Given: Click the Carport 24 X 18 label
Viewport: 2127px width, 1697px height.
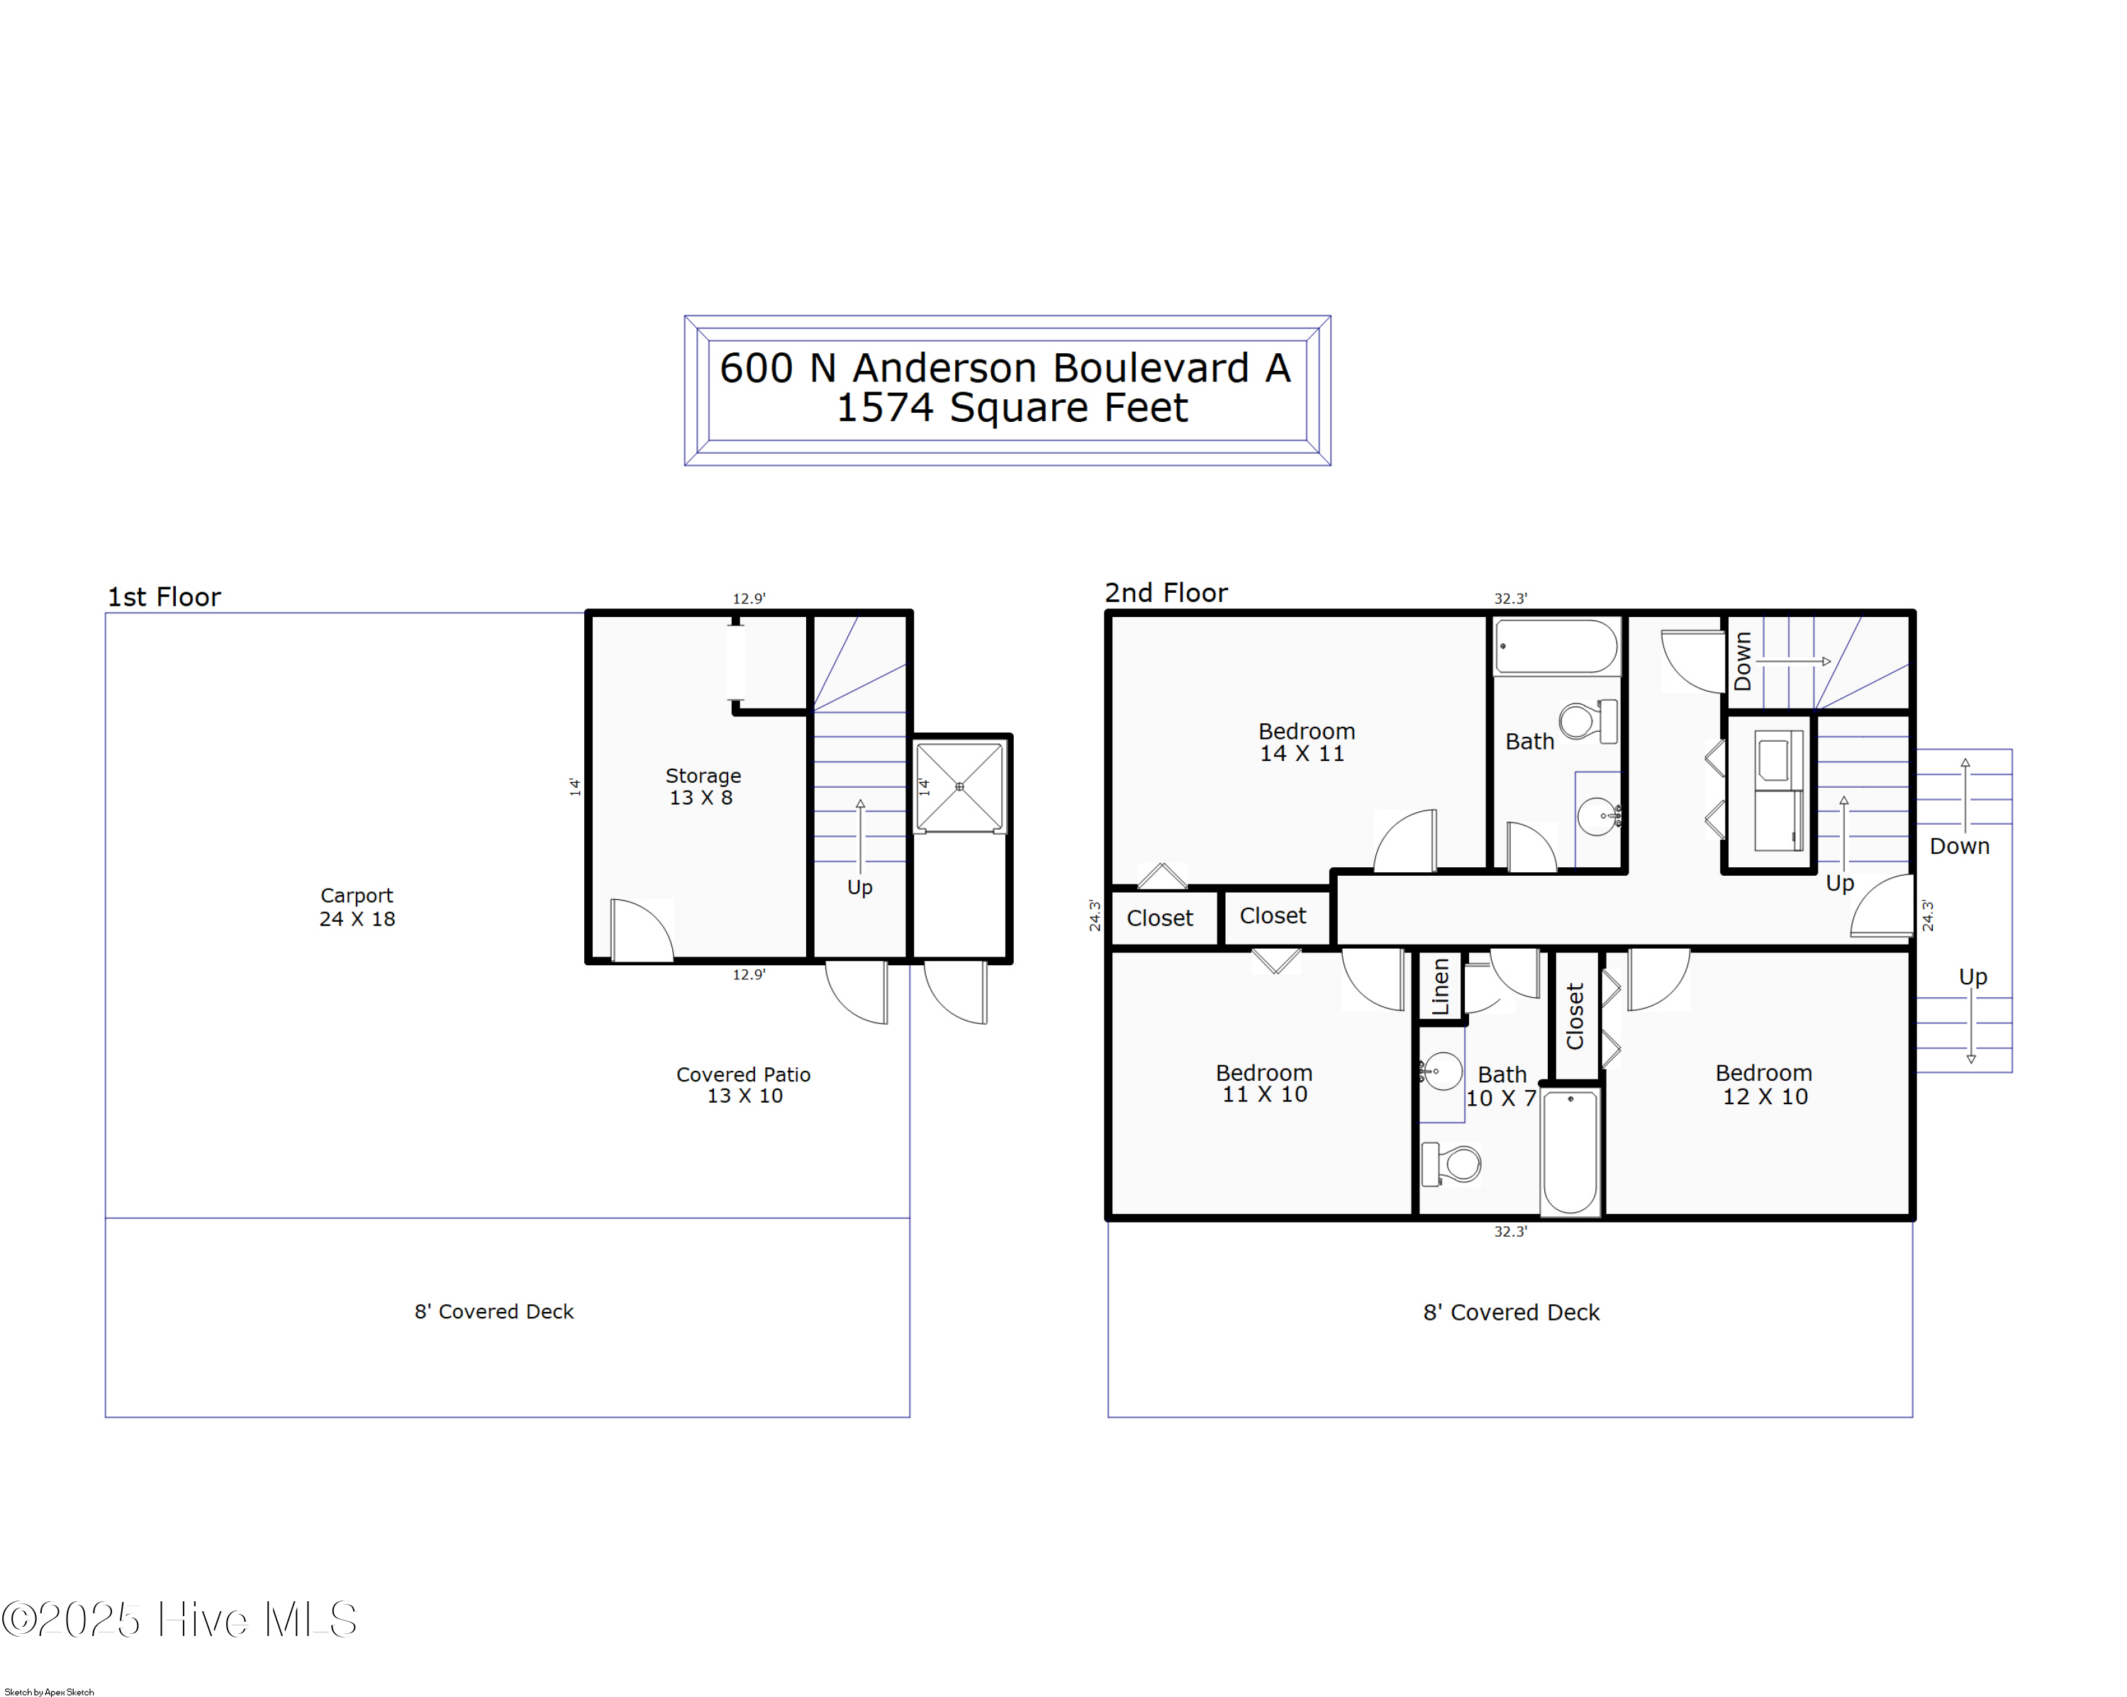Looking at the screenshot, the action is click(x=357, y=907).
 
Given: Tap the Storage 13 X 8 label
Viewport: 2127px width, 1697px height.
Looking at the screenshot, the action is click(x=703, y=786).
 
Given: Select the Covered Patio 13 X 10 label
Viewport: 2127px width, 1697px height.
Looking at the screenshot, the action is click(x=744, y=1084).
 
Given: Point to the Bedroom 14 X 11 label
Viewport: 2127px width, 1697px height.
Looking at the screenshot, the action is click(x=1306, y=742).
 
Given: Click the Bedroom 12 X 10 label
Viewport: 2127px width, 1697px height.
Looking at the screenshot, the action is click(x=1764, y=1084).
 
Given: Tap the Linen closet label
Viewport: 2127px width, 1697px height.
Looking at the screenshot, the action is click(x=1441, y=986).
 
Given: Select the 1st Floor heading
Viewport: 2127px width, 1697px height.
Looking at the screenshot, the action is click(x=164, y=597).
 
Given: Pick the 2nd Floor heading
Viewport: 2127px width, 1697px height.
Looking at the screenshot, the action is click(x=1166, y=593).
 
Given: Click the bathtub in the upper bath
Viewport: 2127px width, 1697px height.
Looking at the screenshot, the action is click(x=1556, y=647).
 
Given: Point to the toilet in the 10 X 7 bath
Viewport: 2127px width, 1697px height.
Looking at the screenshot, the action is click(x=1451, y=1164).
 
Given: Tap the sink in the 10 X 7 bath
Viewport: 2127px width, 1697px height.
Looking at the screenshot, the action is click(x=1441, y=1071).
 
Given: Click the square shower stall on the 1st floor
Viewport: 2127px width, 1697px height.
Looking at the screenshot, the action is click(x=959, y=786).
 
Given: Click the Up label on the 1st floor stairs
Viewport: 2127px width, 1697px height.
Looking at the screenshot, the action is click(x=859, y=887).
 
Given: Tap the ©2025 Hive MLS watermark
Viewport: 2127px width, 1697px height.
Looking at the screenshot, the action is click(x=179, y=1620).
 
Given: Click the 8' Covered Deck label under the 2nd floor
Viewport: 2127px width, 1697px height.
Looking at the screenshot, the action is click(x=1512, y=1312).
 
